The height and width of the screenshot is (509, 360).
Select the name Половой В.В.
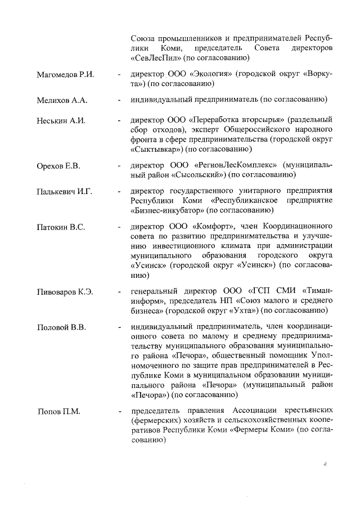click(61, 327)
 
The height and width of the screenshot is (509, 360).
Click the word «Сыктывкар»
click(155, 150)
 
